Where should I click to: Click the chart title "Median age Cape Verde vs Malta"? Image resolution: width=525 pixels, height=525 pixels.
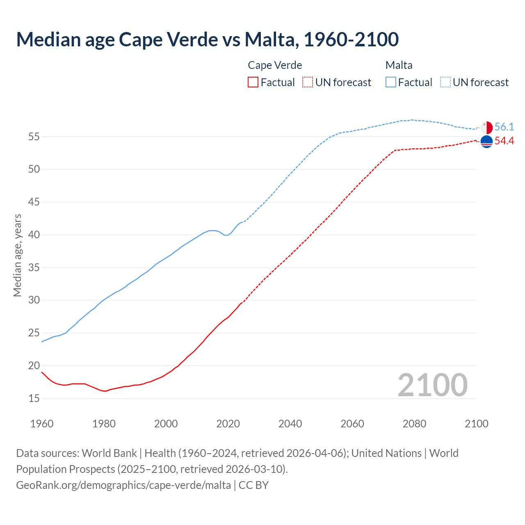(x=207, y=39)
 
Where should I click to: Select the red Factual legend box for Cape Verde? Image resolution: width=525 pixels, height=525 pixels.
(x=253, y=82)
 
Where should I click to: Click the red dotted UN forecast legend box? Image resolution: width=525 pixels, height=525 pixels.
(x=308, y=82)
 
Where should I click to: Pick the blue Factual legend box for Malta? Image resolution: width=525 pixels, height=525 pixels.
(x=391, y=82)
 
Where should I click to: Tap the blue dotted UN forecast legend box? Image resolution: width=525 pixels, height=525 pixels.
(x=445, y=82)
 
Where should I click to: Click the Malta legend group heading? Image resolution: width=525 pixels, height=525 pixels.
(x=399, y=65)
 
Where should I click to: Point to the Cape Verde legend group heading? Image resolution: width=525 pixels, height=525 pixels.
(x=275, y=65)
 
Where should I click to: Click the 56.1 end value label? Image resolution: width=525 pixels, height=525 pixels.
(x=504, y=127)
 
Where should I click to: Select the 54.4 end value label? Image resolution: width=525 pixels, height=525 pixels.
(x=504, y=141)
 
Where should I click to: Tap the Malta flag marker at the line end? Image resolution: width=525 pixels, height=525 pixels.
(x=486, y=128)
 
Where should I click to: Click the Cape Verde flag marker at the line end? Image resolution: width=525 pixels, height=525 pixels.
(x=486, y=142)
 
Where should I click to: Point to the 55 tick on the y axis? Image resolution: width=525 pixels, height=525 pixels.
(x=34, y=137)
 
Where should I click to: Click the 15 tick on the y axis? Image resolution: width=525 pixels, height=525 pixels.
(x=34, y=398)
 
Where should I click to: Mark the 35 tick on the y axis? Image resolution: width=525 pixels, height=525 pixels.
(x=34, y=267)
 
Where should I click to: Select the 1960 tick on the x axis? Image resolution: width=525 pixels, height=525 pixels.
(x=42, y=424)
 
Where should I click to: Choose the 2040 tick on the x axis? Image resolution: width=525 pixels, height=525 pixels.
(x=290, y=424)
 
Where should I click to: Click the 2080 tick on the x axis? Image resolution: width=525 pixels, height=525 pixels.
(x=414, y=424)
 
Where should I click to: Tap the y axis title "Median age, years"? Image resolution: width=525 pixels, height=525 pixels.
(x=17, y=255)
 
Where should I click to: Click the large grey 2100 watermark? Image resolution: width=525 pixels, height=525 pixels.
(x=432, y=385)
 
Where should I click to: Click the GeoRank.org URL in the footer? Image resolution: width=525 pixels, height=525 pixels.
(x=123, y=485)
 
